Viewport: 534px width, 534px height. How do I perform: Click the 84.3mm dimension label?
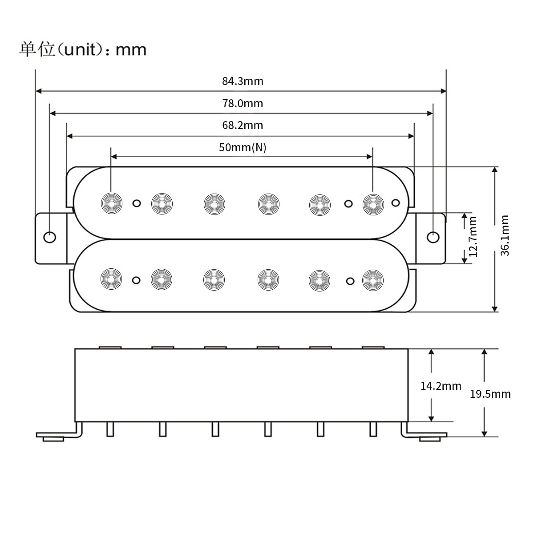243,81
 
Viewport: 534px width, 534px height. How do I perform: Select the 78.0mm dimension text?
243,104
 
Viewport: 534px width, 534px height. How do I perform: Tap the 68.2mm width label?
243,125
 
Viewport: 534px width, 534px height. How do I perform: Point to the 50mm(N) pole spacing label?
243,147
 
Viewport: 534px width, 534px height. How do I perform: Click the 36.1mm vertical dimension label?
505,235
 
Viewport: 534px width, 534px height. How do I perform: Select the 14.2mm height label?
441,386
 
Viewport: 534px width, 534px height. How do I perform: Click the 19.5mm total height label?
490,394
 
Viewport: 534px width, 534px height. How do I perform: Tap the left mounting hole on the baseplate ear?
50,237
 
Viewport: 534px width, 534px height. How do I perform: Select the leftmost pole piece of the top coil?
111,203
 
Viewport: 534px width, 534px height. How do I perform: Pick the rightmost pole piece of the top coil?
372,203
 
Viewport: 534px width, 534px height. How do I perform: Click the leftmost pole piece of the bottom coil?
111,279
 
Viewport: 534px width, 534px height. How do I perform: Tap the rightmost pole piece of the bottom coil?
372,279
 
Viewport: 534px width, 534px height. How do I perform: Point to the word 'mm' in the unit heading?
131,49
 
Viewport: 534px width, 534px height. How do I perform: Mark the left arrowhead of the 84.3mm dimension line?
38,91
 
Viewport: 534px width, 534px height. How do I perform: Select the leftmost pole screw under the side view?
110,429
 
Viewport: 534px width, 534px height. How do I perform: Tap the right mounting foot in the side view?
429,438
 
